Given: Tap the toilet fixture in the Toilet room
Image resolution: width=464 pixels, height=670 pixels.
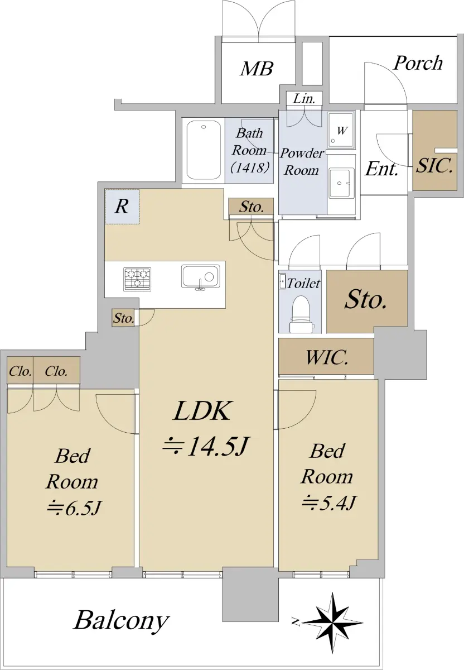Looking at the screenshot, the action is point(302,314).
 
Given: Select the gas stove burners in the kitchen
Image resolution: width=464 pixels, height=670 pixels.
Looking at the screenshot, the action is point(137,279).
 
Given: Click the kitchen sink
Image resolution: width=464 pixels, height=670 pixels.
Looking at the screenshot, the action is point(200,277).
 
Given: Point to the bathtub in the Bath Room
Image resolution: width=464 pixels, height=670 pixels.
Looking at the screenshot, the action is point(204,150).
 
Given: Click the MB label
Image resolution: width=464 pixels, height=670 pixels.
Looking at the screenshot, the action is point(257,69).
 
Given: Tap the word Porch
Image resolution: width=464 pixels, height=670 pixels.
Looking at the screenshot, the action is point(418,63).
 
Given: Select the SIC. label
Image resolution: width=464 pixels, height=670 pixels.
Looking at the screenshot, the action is point(434,165).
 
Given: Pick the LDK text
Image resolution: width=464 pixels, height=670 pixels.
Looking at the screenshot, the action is point(202,411).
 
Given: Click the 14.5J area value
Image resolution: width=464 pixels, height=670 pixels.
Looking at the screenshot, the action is point(205,447).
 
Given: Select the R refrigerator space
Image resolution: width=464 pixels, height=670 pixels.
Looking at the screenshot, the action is point(122,207).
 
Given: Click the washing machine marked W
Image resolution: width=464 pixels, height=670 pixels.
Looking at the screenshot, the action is point(341,130).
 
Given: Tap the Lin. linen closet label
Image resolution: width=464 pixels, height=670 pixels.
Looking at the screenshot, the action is point(304,98).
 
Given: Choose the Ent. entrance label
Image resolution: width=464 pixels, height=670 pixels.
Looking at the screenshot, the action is point(382,169).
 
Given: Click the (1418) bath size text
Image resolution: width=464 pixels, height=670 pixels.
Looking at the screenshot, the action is point(250,167).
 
